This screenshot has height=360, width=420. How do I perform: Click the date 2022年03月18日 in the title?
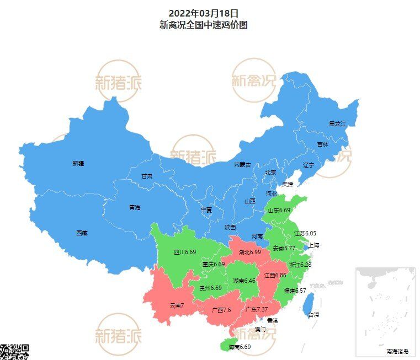(203, 13)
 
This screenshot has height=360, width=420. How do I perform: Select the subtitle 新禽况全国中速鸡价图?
(203, 25)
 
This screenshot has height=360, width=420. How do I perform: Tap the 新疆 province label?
(79, 163)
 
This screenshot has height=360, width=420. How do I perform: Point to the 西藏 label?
(82, 233)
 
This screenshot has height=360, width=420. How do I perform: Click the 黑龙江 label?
(337, 124)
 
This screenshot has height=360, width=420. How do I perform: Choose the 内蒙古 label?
(242, 164)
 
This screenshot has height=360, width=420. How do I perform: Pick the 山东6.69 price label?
(279, 211)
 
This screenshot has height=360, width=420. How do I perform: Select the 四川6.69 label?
(185, 252)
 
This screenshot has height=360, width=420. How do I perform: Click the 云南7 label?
(177, 305)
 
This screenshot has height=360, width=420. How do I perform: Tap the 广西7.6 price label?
(221, 310)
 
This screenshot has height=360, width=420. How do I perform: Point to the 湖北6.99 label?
(249, 252)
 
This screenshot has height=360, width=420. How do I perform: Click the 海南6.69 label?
(239, 347)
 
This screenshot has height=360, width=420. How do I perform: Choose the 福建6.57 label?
(295, 291)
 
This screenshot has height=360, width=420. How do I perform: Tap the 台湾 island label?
(313, 315)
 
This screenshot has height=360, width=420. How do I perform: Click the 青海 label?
(135, 207)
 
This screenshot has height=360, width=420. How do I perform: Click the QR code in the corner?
(13, 352)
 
